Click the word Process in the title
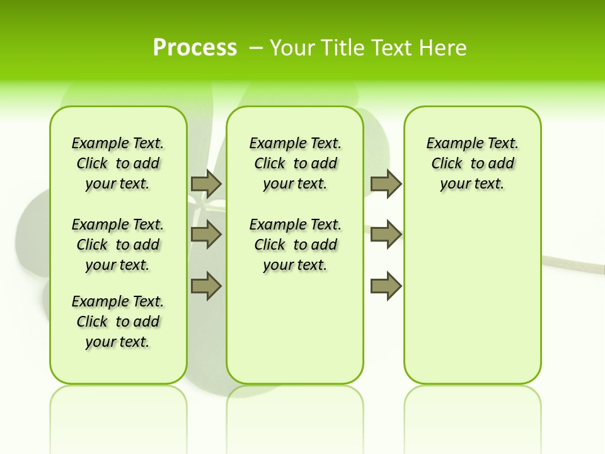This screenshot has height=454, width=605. (x=195, y=47)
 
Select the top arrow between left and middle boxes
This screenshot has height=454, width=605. (x=206, y=183)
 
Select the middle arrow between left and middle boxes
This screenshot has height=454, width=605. (x=206, y=235)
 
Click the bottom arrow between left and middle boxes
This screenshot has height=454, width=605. (x=206, y=286)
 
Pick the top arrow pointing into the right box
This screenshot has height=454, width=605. (x=386, y=183)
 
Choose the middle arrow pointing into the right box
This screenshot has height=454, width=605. (x=386, y=235)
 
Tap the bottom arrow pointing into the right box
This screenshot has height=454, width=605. (x=386, y=286)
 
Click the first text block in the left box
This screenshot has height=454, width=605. (x=118, y=163)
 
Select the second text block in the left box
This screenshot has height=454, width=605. (x=118, y=245)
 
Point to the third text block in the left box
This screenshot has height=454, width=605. (x=118, y=322)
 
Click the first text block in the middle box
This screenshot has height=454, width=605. (x=295, y=163)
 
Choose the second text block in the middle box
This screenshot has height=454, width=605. (x=295, y=245)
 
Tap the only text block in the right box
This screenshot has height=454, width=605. (x=472, y=163)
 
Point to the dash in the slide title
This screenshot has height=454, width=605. (x=256, y=47)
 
